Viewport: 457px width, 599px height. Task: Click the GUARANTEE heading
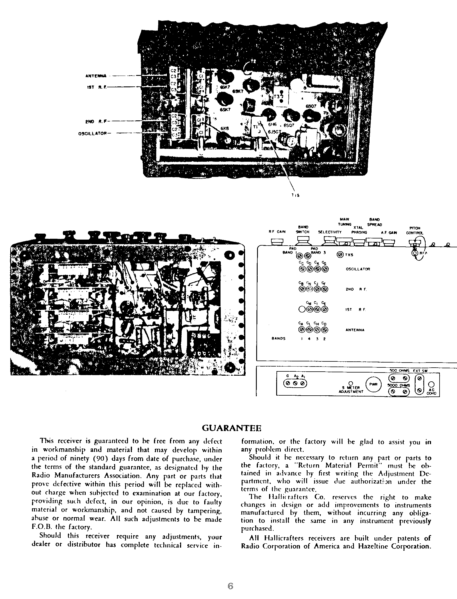(231, 428)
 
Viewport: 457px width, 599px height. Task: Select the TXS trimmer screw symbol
(340, 254)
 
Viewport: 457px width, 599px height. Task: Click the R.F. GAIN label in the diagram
(277, 232)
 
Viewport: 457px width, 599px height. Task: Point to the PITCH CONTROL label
(414, 230)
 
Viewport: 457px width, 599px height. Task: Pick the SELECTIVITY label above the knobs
(330, 232)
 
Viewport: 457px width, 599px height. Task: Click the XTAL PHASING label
(359, 230)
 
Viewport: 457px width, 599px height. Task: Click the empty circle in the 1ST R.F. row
(302, 309)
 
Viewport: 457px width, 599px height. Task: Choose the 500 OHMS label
(399, 371)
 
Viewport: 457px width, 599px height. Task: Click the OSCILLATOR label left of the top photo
(92, 133)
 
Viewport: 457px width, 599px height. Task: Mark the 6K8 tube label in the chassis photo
(225, 129)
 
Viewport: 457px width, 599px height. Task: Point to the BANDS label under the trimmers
(278, 339)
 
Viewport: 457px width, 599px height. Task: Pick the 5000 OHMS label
(398, 385)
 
